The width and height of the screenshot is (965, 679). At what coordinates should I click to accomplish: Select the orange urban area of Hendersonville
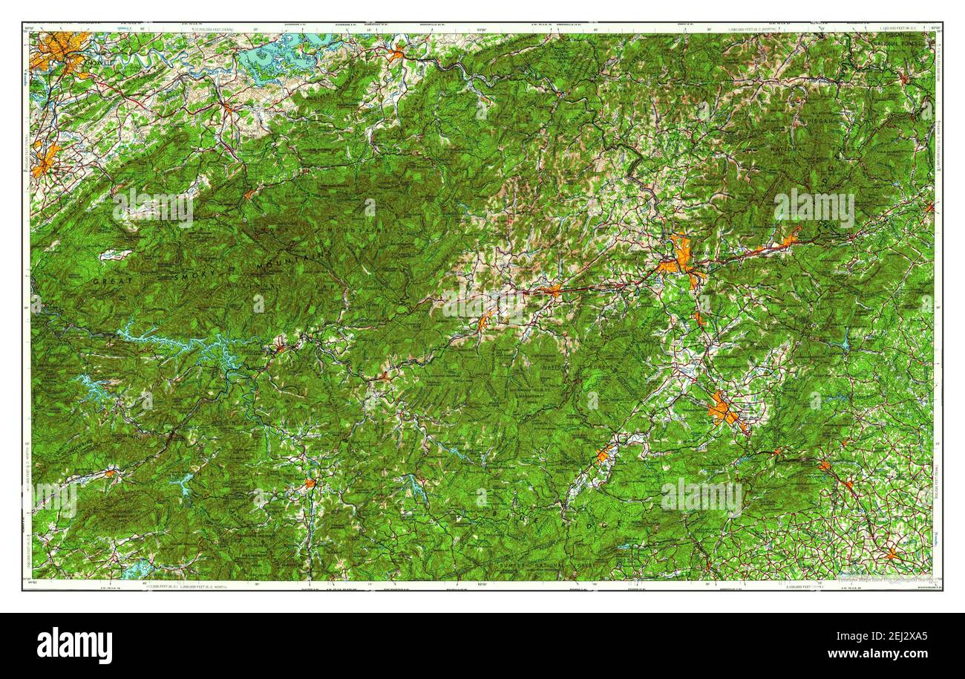click(x=722, y=409)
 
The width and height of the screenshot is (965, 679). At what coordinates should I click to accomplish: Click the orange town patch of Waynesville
click(x=484, y=322)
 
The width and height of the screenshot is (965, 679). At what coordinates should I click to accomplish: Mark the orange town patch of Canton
click(x=551, y=290)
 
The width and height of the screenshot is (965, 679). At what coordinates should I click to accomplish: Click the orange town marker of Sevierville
click(x=228, y=108)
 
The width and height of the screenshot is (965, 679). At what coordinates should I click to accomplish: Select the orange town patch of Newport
click(x=396, y=54)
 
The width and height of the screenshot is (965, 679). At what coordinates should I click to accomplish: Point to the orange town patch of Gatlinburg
click(x=249, y=195)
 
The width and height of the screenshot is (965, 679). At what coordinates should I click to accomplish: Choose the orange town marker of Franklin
click(x=309, y=484)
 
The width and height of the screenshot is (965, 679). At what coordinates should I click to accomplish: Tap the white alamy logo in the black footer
click(x=74, y=645)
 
